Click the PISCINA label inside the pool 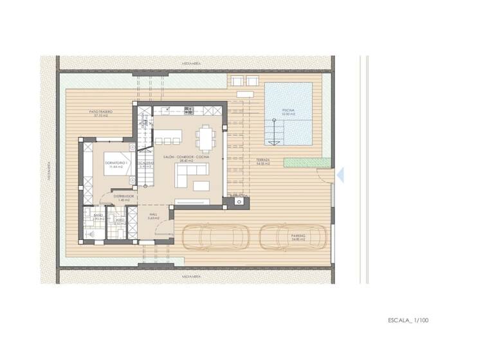289,111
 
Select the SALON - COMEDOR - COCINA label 186,157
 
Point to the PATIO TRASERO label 101,114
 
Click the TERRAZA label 262,161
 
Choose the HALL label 153,216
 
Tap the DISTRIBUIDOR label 123,197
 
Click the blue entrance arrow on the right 342,174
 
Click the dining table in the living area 205,136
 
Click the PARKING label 297,237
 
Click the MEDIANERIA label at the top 192,64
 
